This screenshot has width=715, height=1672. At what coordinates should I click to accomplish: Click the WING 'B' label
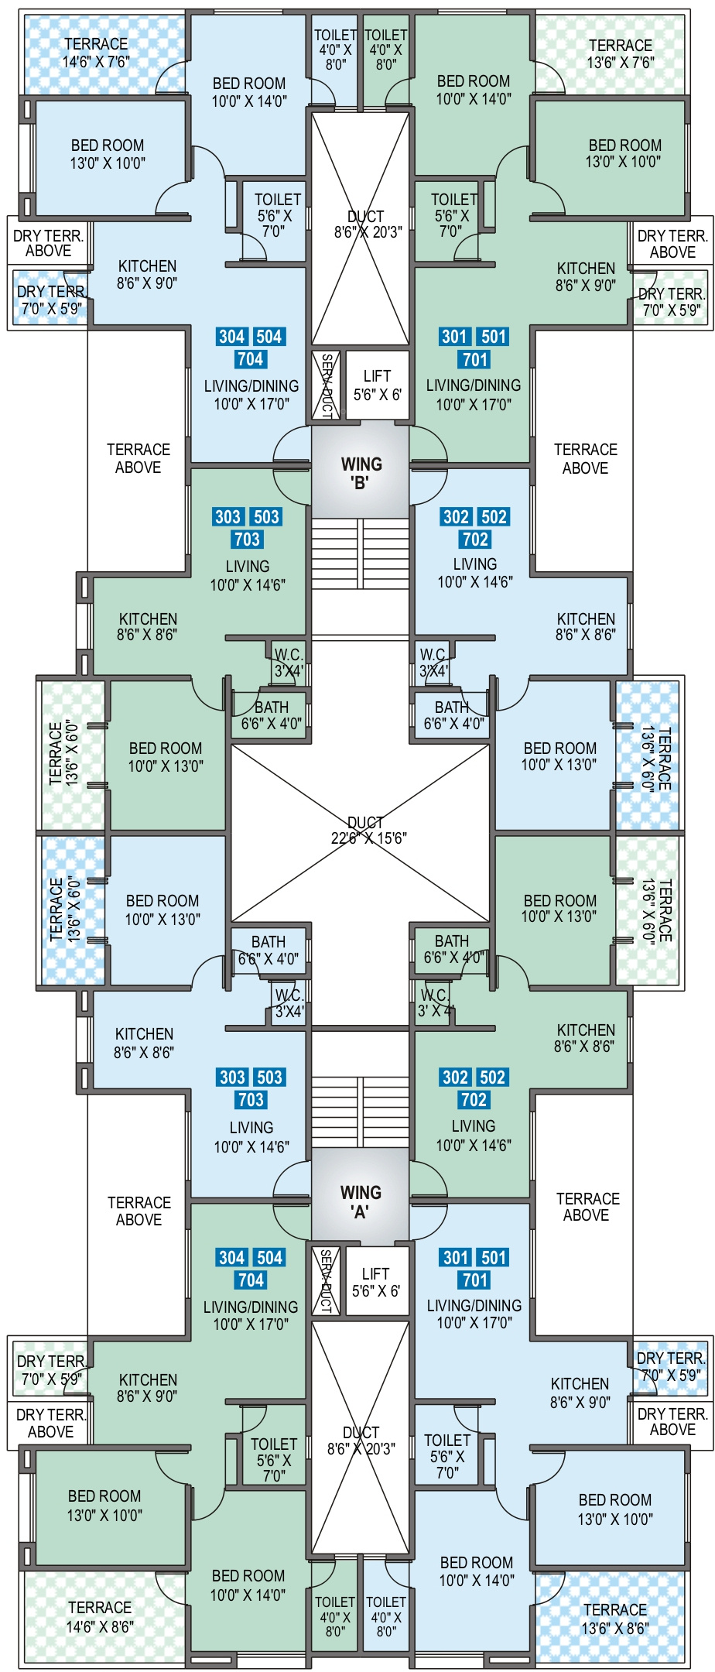[361, 473]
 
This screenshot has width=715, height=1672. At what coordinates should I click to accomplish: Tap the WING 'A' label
[360, 1201]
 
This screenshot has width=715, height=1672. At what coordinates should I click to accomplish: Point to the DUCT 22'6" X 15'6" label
[365, 830]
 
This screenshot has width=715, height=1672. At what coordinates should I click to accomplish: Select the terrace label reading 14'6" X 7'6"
[96, 53]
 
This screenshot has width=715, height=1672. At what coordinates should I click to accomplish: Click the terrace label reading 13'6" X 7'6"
[620, 54]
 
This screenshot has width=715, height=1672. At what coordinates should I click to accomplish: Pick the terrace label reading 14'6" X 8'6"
[100, 1617]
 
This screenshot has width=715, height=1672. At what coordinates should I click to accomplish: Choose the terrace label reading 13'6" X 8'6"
[615, 1619]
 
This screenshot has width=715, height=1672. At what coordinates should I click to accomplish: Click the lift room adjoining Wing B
[377, 385]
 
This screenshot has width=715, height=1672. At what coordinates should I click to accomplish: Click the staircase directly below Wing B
[361, 553]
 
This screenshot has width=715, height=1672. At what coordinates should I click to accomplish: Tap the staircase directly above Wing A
[361, 1112]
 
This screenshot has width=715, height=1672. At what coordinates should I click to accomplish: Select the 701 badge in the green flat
[475, 359]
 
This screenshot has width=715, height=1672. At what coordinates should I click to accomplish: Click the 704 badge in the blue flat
[251, 359]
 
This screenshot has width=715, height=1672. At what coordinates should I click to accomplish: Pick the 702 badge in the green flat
[474, 1100]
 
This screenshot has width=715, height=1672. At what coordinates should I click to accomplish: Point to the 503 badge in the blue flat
[269, 1078]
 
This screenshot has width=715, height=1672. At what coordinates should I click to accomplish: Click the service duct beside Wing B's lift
[326, 385]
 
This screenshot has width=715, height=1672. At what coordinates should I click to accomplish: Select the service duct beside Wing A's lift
[326, 1280]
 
